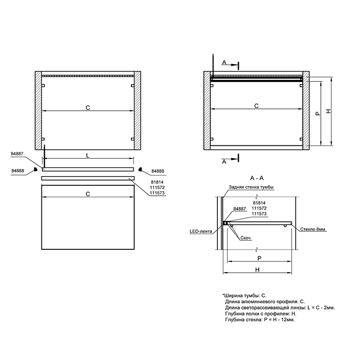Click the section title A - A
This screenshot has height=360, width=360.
(256, 178)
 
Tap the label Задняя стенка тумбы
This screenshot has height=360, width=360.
(251, 187)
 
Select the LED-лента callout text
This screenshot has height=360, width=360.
(201, 231)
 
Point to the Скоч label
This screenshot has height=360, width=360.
(245, 238)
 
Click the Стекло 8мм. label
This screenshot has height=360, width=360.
(313, 229)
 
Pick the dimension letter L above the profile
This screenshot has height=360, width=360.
(88, 156)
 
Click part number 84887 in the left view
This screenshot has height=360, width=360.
(17, 154)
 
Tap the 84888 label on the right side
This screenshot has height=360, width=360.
(158, 171)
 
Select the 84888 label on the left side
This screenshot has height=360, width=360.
(18, 171)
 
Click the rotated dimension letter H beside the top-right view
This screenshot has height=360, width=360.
(329, 111)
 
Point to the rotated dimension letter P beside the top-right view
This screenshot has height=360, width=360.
(318, 113)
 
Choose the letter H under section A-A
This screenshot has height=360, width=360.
(257, 270)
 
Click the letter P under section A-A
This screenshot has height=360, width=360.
(259, 258)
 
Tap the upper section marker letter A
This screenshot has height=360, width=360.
(224, 63)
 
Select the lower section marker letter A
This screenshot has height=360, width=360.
(224, 162)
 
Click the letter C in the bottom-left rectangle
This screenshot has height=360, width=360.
(88, 194)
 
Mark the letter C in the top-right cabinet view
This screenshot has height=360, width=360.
(256, 106)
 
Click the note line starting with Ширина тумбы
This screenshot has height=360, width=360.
(244, 296)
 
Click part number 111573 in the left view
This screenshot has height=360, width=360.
(157, 193)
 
